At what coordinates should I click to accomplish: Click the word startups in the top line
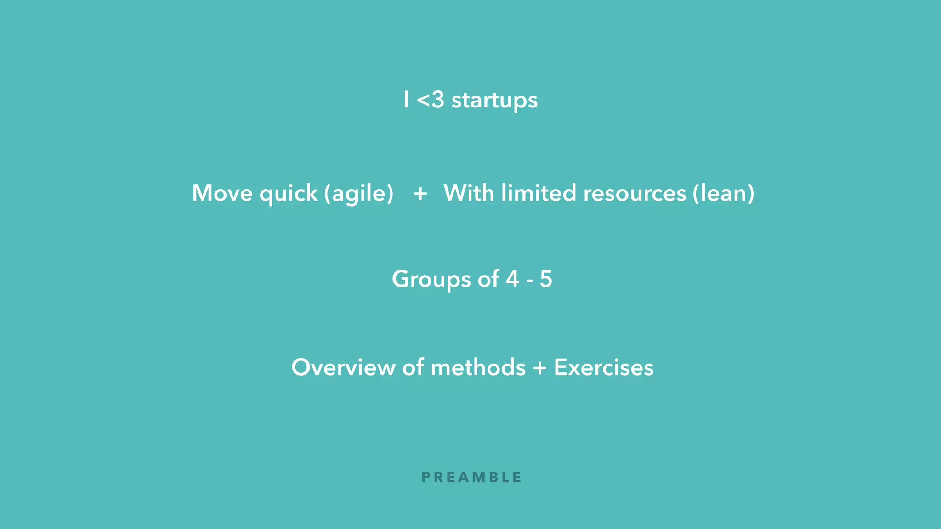[494, 101]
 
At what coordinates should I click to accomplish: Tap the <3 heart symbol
[430, 100]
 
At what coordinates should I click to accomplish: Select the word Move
[222, 193]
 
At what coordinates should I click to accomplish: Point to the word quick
[289, 194]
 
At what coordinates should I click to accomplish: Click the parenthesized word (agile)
[359, 194]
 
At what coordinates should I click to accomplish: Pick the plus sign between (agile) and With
[420, 193]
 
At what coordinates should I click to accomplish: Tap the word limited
[539, 193]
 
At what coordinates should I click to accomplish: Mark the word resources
[635, 194]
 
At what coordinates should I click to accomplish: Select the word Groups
[431, 279]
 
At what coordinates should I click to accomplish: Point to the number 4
[512, 279]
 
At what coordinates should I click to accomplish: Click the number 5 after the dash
[546, 279]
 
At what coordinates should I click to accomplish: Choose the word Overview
[343, 367]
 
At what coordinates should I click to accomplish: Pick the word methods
[478, 367]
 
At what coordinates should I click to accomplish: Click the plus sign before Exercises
[540, 368]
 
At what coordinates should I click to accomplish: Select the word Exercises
[604, 367]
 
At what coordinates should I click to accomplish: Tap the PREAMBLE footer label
[471, 478]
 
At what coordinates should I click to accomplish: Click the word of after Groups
[488, 279]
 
